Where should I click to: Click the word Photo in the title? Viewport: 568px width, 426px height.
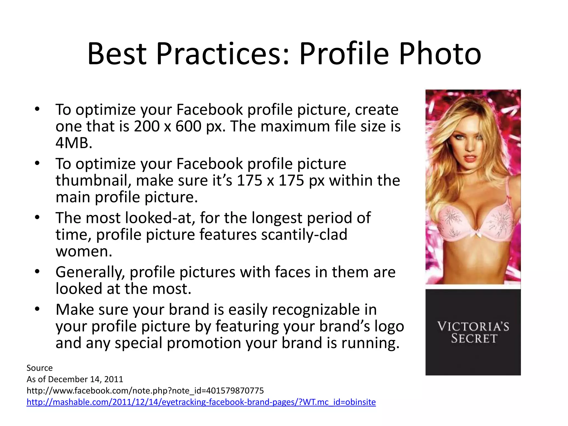440,54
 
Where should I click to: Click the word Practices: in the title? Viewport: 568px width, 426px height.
223,54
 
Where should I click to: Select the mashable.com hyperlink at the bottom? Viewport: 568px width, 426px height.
201,402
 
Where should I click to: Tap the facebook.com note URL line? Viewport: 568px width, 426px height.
145,390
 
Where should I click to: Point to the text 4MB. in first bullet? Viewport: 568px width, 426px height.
74,143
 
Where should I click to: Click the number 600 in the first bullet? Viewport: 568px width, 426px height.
188,126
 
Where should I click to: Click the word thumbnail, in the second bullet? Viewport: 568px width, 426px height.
93,181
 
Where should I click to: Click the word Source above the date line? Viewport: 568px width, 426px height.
39,368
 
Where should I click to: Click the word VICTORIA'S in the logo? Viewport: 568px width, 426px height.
473,326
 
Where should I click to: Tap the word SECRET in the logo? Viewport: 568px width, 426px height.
474,339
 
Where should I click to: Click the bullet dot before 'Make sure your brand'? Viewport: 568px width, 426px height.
37,309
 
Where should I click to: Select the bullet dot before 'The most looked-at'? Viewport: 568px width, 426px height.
37,217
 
